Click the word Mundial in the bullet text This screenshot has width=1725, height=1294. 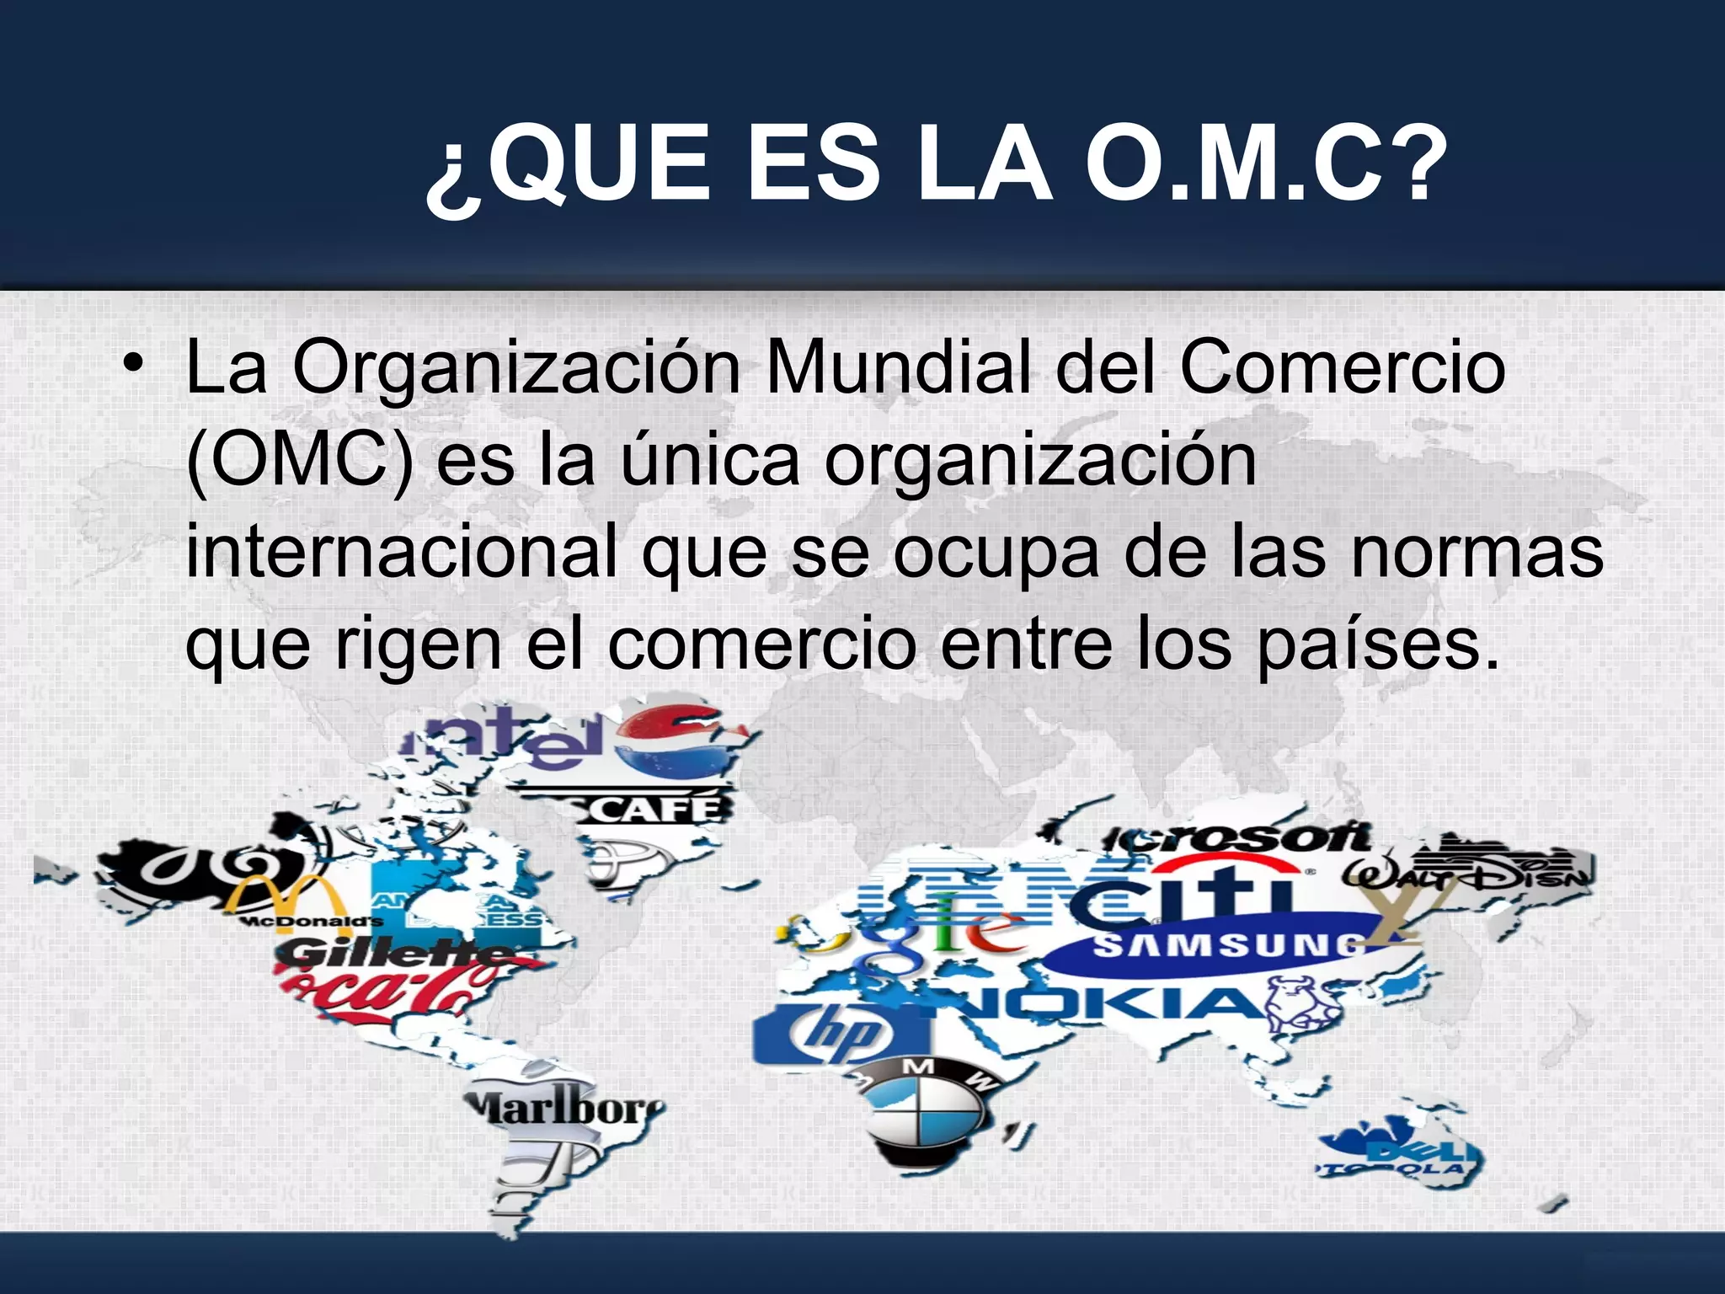coord(898,368)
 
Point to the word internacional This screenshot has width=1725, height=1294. coord(402,552)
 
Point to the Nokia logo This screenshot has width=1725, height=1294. coord(1112,1006)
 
